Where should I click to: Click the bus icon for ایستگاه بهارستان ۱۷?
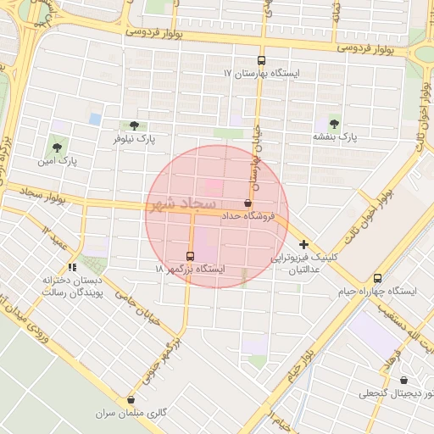(x=261, y=61)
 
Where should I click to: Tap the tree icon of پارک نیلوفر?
(x=134, y=125)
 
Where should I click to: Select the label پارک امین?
(x=62, y=159)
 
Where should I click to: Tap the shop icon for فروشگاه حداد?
(x=248, y=203)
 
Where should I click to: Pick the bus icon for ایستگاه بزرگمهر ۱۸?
(x=190, y=255)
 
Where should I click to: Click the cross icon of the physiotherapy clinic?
(x=303, y=244)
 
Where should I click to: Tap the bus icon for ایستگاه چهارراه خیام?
(x=377, y=278)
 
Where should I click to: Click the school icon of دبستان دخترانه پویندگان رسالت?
(x=83, y=268)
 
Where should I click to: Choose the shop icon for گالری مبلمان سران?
(x=131, y=400)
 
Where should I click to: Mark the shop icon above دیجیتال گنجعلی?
(x=403, y=381)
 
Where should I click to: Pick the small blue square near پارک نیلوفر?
(x=95, y=119)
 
